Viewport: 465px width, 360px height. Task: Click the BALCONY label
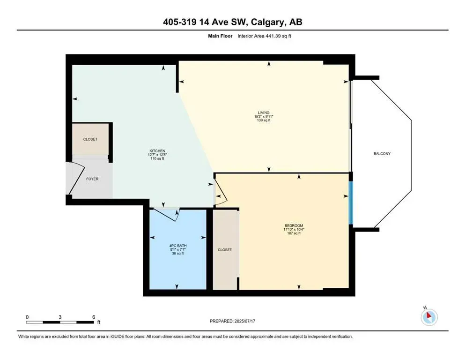pos(382,154)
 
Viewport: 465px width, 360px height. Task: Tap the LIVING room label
pos(262,112)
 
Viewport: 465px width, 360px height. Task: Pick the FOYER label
pos(92,179)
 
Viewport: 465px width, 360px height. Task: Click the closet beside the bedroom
pos(225,250)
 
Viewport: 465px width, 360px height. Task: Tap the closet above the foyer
pos(90,139)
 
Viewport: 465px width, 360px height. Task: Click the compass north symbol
pos(429,317)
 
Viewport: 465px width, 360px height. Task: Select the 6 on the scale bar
pos(94,317)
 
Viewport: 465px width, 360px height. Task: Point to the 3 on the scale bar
pos(60,317)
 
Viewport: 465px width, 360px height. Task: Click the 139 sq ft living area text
pos(262,120)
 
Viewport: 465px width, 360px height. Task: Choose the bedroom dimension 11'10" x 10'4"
pos(294,230)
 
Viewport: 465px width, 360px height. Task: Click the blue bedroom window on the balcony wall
pos(350,202)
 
